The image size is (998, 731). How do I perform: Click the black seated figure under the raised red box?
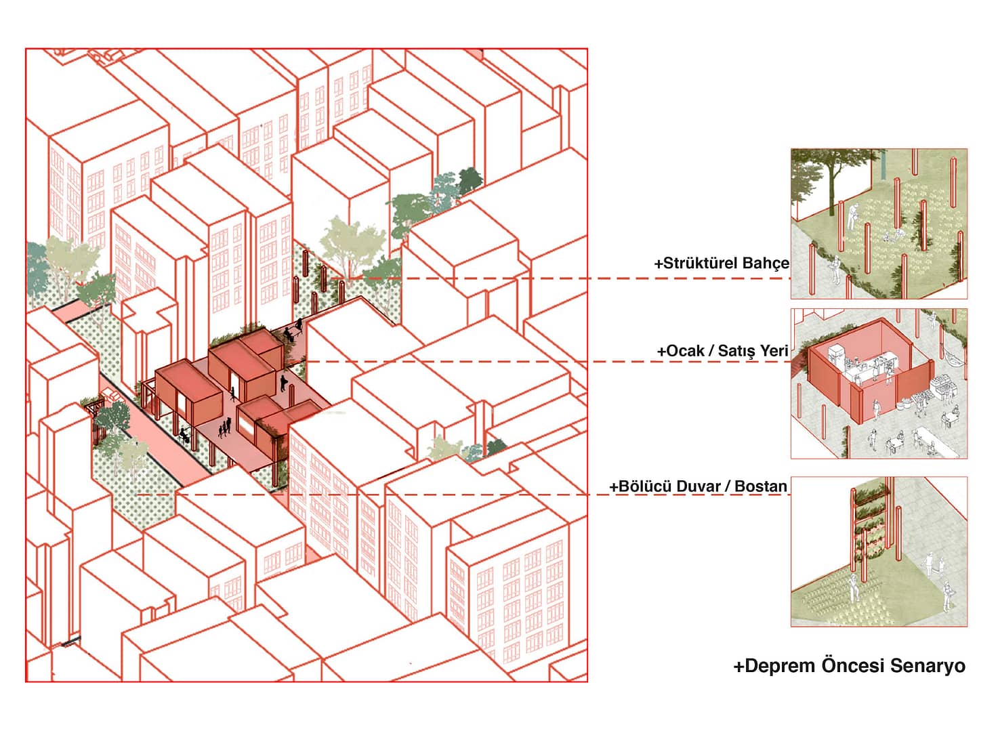183,435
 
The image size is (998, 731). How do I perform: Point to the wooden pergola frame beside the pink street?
96,421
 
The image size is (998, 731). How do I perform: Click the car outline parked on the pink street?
111,394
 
